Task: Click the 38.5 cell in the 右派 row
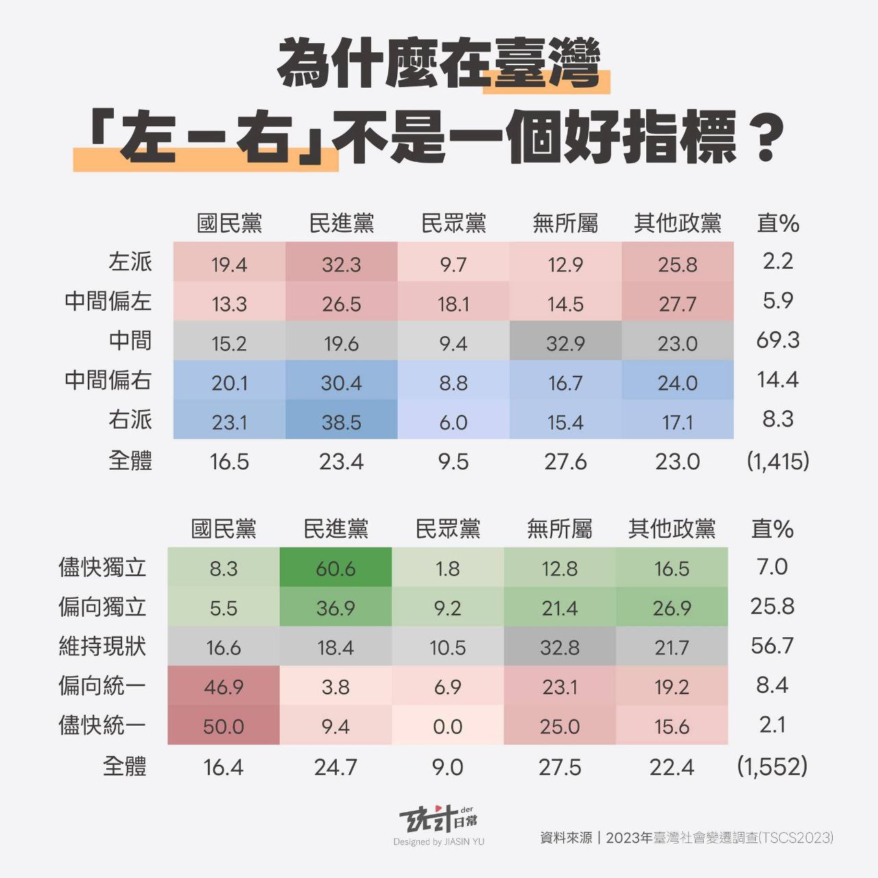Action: (341, 421)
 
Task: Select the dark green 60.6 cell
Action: (335, 568)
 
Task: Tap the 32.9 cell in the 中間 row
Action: (565, 342)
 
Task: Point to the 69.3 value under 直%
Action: (778, 340)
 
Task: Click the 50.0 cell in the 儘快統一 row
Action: (224, 726)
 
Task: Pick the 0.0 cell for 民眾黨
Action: (447, 726)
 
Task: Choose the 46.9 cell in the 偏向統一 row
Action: (224, 686)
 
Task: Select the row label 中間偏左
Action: (108, 301)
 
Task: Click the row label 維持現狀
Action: (102, 646)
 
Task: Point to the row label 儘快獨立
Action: (102, 567)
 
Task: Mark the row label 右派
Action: (130, 419)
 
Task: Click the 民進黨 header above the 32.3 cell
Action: (341, 223)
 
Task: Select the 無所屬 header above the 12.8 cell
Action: (559, 529)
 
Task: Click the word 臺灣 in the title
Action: (547, 64)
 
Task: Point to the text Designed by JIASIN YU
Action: (439, 842)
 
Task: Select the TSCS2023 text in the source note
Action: (796, 838)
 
